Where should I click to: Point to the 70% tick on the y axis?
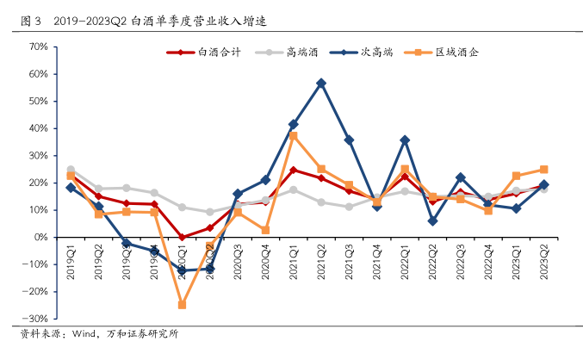(x=37, y=47)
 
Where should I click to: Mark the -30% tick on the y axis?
(x=35, y=320)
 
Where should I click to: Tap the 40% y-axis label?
(x=37, y=128)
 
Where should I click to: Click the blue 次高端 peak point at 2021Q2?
(x=321, y=83)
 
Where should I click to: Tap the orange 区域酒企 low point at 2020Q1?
(x=183, y=305)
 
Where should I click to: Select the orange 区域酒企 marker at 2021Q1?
(x=294, y=135)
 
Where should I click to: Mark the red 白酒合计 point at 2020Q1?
(x=183, y=237)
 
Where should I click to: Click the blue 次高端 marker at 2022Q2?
(x=432, y=220)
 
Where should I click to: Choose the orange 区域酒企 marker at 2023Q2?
(x=544, y=170)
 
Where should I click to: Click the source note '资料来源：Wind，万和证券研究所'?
(x=99, y=333)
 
